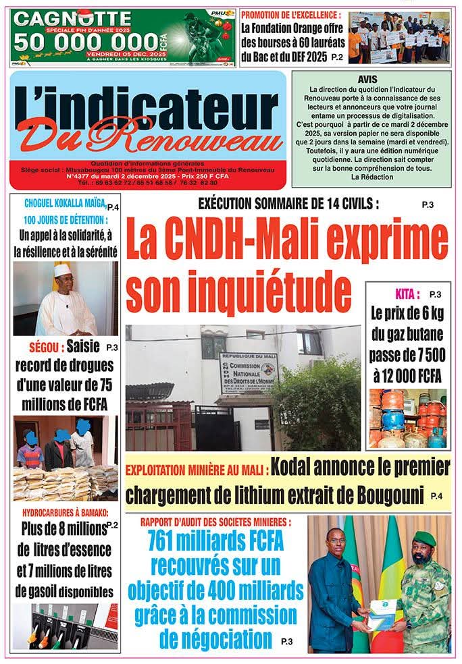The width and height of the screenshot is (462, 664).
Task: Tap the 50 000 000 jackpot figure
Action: click(x=88, y=40)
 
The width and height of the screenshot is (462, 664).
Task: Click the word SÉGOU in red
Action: click(x=45, y=348)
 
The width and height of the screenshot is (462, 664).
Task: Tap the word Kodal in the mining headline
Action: click(x=298, y=466)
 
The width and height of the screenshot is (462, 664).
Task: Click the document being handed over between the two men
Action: click(x=382, y=613)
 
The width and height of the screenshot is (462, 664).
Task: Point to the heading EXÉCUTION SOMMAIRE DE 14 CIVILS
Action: click(x=288, y=203)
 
